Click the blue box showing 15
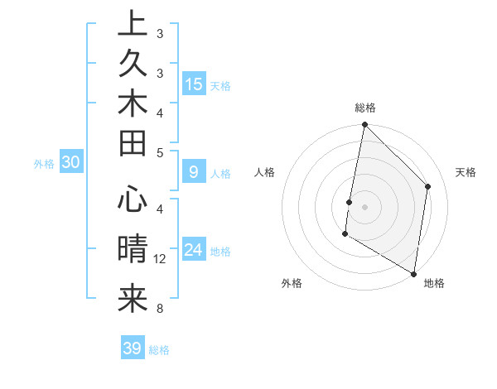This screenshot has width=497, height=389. (x=194, y=84)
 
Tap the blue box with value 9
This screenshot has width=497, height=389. (x=194, y=172)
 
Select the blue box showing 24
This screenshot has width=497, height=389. (x=194, y=250)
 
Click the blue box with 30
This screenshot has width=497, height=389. (x=71, y=163)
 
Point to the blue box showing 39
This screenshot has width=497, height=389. (x=133, y=348)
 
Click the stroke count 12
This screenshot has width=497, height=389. (x=160, y=259)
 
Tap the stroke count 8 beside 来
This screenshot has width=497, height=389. (x=160, y=310)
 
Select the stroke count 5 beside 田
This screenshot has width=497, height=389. (x=160, y=152)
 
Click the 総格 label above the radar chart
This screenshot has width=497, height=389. (x=365, y=108)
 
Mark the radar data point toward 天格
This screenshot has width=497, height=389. (x=428, y=186)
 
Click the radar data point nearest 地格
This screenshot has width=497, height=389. (x=413, y=273)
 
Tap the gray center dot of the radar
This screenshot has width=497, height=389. (x=364, y=205)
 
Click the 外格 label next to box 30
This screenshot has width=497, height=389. (x=44, y=164)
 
